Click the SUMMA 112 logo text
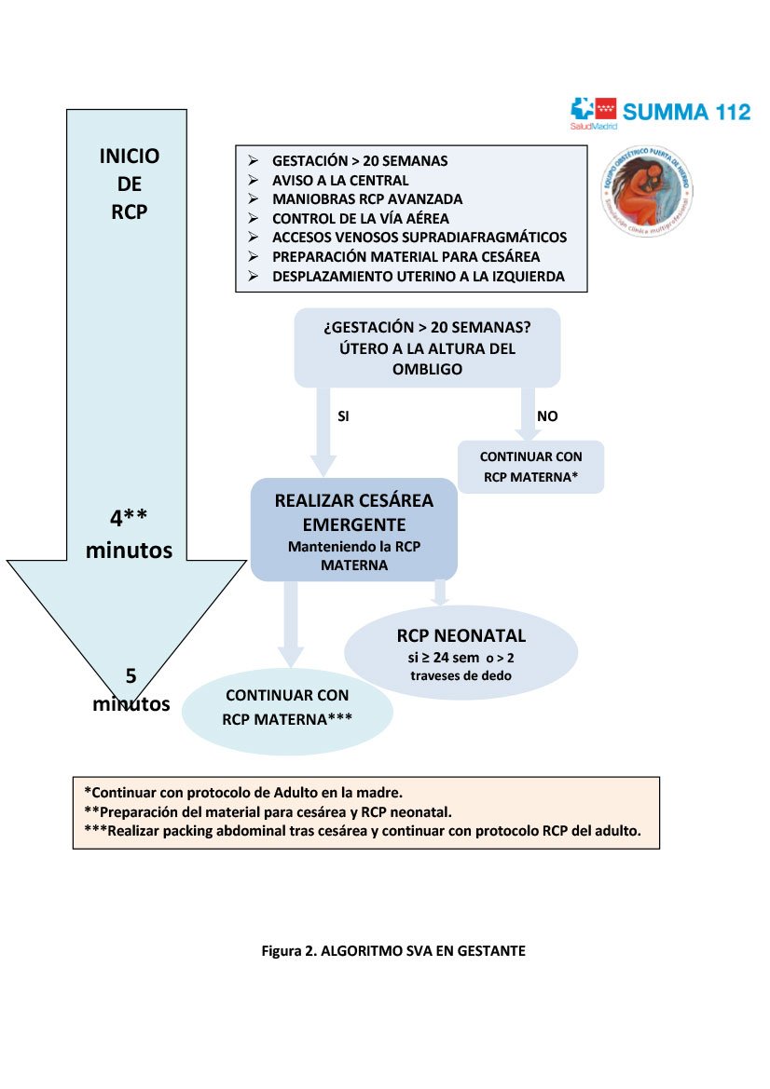coord(686,112)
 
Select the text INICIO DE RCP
coord(129,184)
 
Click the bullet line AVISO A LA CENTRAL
coord(340,180)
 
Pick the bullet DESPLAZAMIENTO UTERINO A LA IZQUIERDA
coord(418,276)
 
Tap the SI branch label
coord(343,416)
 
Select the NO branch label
coord(547,416)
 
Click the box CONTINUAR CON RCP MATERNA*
coord(530,467)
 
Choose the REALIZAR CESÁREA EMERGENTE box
coord(353,530)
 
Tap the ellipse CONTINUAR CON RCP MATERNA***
coord(287,707)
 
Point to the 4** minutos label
coord(129,534)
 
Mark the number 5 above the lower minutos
coord(131,675)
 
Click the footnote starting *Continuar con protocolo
coord(243,793)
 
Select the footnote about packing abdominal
coord(363,831)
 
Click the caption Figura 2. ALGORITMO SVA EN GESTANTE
coord(392,951)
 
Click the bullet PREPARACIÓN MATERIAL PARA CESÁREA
coord(406,256)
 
